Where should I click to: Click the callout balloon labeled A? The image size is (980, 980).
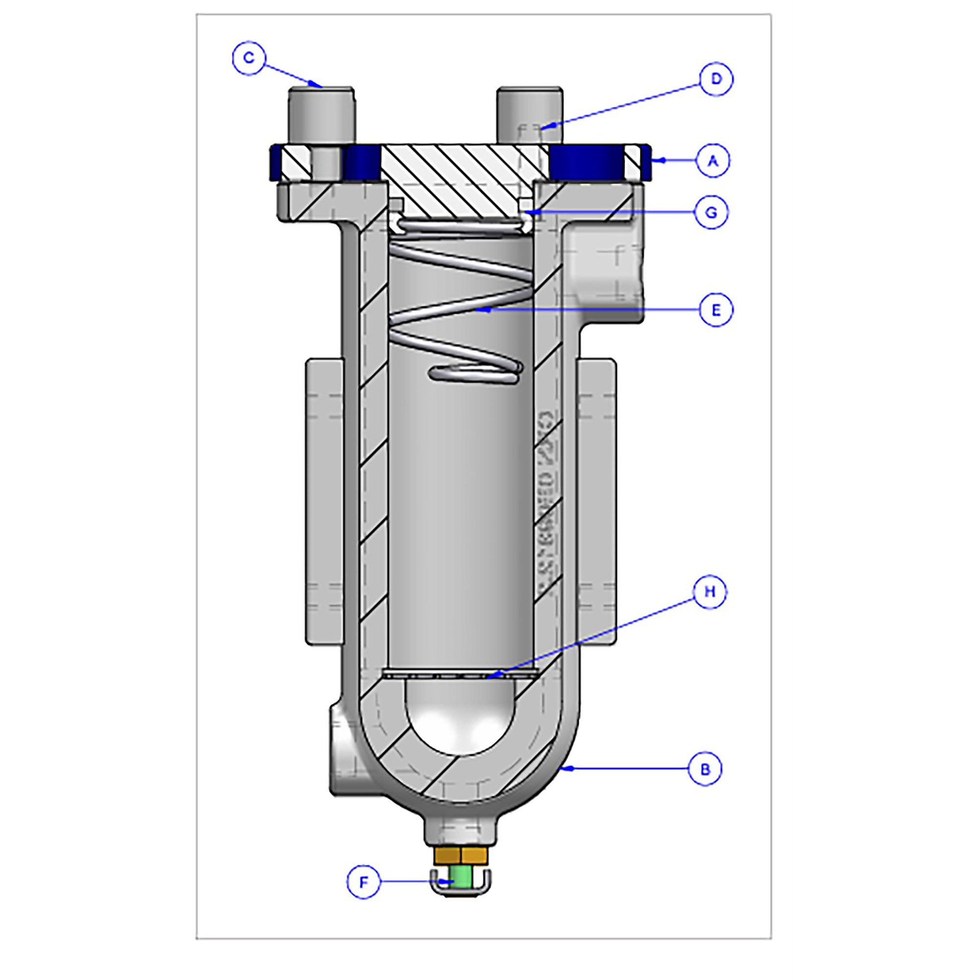(x=712, y=161)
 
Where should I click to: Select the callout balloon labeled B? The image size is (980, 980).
(x=705, y=769)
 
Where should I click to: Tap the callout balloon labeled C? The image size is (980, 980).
(x=248, y=58)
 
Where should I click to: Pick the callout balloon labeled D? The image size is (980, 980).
(x=716, y=79)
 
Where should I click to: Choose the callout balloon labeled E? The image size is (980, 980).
(x=716, y=309)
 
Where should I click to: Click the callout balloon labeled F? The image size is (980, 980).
(x=363, y=882)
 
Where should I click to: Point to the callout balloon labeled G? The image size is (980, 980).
(x=711, y=212)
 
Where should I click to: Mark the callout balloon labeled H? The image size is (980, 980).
(x=710, y=591)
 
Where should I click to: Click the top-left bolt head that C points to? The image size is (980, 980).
(x=321, y=114)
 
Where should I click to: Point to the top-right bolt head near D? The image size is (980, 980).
(x=529, y=114)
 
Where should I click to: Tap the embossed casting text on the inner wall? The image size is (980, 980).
(x=546, y=502)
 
